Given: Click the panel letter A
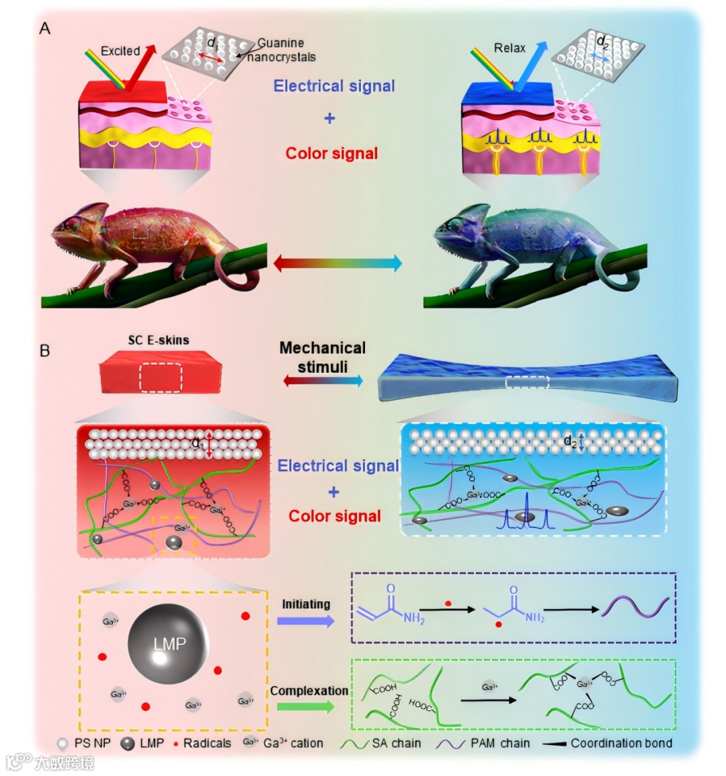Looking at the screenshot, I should pyautogui.click(x=45, y=28).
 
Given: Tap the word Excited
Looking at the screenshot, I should pyautogui.click(x=120, y=51).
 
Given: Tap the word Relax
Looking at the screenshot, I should pyautogui.click(x=510, y=48).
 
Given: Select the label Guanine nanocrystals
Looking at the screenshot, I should pyautogui.click(x=281, y=50).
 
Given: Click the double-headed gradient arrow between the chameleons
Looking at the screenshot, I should pyautogui.click(x=337, y=263).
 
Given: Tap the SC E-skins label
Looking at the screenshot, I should pyautogui.click(x=159, y=340).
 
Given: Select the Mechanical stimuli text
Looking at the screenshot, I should pyautogui.click(x=323, y=357).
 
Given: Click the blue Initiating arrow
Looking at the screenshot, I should pyautogui.click(x=306, y=621).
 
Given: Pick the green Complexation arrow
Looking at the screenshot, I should pyautogui.click(x=306, y=707).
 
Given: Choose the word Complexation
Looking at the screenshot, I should pyautogui.click(x=309, y=691).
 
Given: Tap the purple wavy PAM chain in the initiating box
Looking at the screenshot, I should pyautogui.click(x=635, y=606).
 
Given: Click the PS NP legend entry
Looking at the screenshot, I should pyautogui.click(x=83, y=743).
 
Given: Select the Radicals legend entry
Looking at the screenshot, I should pyautogui.click(x=202, y=743).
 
